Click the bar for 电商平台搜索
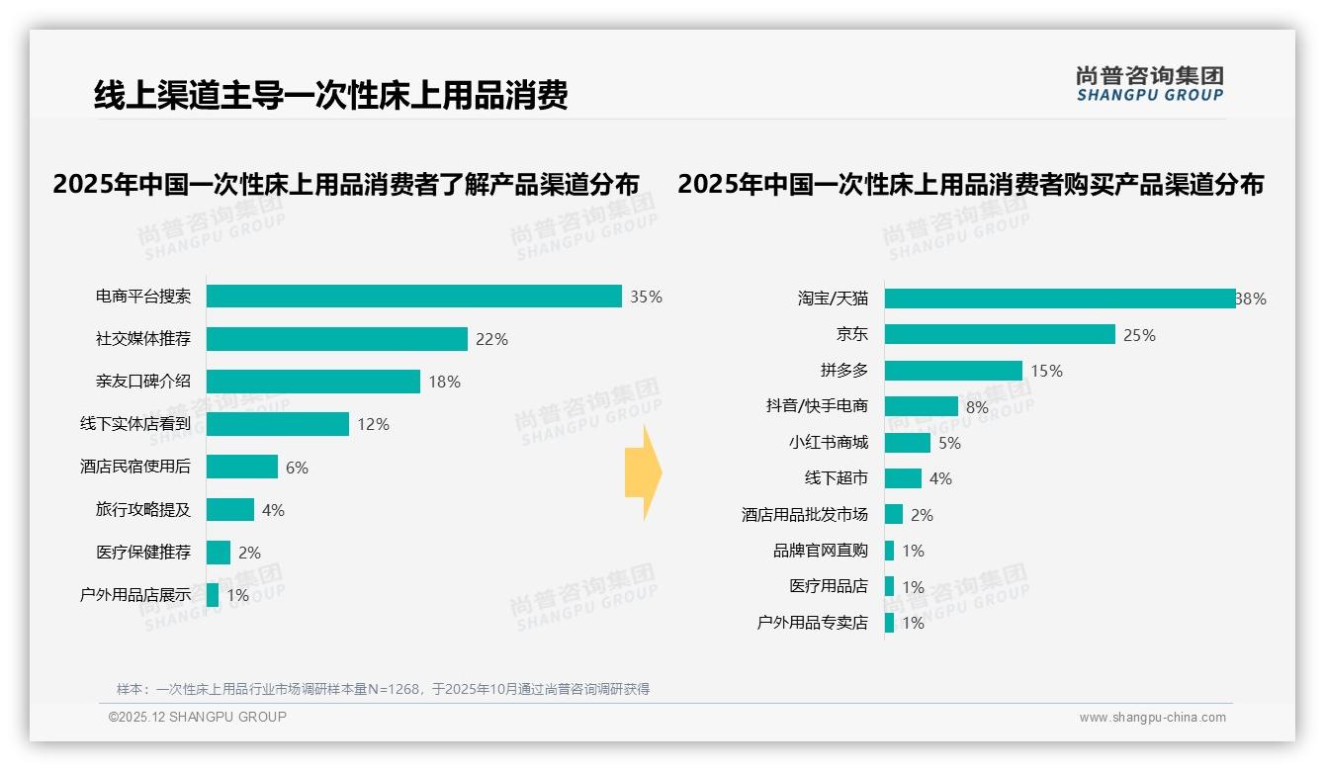point(413,297)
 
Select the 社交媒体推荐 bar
point(336,339)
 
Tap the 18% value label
point(444,382)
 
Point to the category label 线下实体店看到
point(135,424)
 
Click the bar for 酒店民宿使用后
point(242,467)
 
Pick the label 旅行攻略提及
point(143,510)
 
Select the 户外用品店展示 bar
point(213,595)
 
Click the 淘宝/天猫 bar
point(1059,299)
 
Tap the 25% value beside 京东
point(1139,335)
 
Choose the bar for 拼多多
point(953,371)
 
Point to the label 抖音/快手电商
point(817,406)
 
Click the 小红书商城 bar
point(908,443)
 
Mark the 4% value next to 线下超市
point(940,478)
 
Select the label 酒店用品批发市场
point(805,515)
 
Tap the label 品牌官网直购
point(821,551)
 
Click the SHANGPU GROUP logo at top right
point(1149,84)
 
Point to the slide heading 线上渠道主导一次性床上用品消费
point(330,95)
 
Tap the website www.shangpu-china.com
point(1152,718)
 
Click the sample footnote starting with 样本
point(383,689)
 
